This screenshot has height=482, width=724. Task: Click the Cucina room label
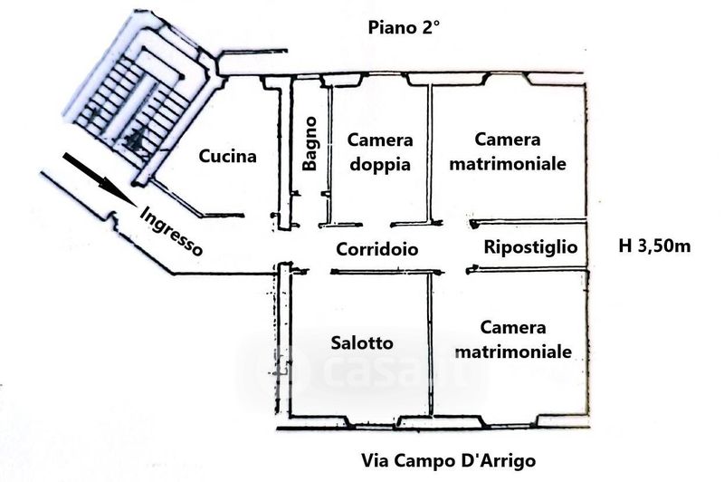click(x=227, y=156)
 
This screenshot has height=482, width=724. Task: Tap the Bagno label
click(x=310, y=144)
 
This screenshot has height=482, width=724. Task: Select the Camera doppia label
click(x=380, y=152)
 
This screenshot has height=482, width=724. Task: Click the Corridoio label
click(x=377, y=249)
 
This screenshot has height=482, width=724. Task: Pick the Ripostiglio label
click(x=530, y=247)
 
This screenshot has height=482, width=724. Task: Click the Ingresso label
click(x=171, y=231)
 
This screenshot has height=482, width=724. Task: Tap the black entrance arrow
click(x=100, y=179)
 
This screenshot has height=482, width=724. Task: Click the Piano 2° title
click(x=404, y=28)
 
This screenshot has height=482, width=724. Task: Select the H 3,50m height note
click(x=654, y=246)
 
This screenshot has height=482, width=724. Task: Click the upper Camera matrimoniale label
click(x=508, y=151)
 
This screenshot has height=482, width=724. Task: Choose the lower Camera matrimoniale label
click(x=513, y=340)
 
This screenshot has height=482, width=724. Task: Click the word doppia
click(x=380, y=165)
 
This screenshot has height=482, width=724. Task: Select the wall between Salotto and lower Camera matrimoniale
click(x=431, y=344)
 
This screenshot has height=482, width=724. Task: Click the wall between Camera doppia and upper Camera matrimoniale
click(x=429, y=152)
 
